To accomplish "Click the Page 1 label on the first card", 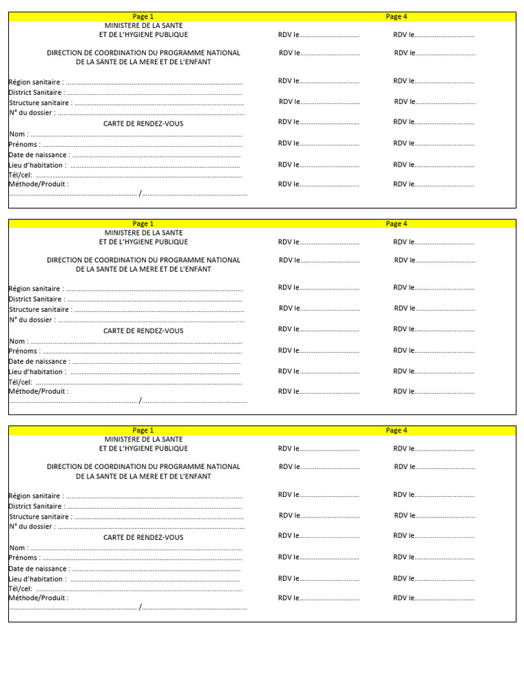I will [143, 16].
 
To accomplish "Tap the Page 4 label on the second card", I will [396, 223].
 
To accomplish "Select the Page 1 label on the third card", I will [143, 430].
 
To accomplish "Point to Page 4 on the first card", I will [396, 16].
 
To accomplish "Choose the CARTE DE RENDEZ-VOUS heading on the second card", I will [143, 331].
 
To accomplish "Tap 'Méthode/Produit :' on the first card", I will [38, 184].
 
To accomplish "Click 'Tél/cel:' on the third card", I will [20, 588].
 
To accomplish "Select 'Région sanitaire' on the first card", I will [35, 82].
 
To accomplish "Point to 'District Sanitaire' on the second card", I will [37, 299].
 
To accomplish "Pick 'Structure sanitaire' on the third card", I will [40, 517].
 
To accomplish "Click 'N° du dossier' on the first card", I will [32, 113].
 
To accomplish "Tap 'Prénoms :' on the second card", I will [24, 351].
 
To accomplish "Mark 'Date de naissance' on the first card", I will [39, 154].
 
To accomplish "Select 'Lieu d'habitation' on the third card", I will [38, 579].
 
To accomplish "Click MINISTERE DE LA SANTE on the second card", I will [143, 232].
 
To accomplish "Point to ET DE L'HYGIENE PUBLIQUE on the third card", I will [143, 448].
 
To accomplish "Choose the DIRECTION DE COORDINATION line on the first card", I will [143, 53].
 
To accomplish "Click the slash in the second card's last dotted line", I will [141, 401].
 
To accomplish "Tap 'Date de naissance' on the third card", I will [39, 569].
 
